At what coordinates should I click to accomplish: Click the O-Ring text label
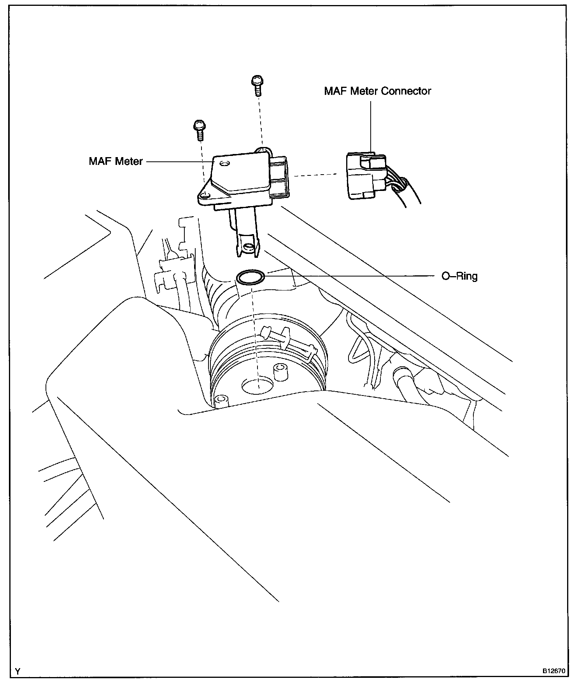459,276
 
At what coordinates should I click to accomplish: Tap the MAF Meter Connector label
378,91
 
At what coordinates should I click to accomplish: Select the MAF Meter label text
116,161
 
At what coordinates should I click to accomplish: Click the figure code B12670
554,671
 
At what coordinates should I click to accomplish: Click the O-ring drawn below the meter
250,278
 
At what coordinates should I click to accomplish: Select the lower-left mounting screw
199,130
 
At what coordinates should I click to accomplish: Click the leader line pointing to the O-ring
350,276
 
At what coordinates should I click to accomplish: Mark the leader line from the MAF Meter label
179,161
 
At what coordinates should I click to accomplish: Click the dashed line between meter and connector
315,175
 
